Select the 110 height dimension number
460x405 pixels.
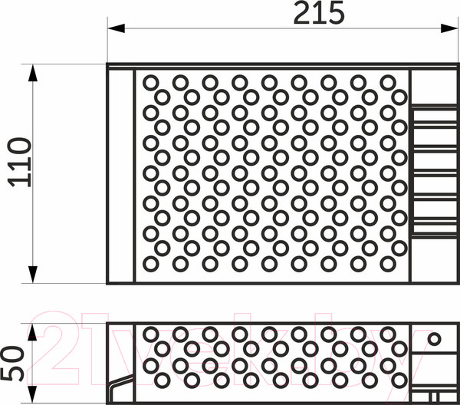click(19, 162)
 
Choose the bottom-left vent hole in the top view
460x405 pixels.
click(151, 263)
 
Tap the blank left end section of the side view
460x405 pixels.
click(121, 353)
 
